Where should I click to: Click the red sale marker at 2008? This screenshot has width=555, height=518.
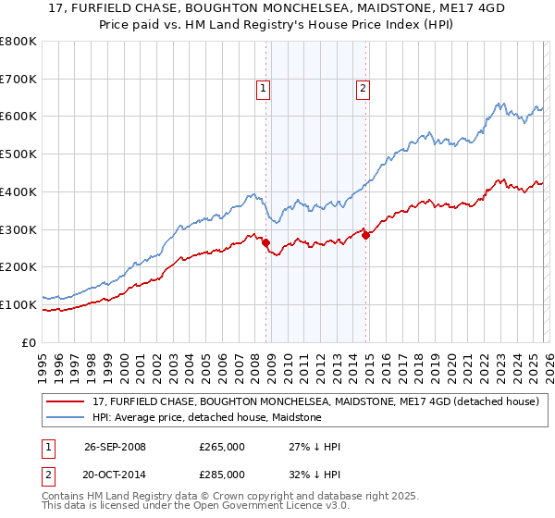266,242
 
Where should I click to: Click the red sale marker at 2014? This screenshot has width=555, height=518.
365,235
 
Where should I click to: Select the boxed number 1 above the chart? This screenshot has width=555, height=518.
263,89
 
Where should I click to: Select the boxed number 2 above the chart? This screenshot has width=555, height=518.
362,89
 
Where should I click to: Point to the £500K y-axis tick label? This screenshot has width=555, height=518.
18,154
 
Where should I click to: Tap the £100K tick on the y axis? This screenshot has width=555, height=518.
18,304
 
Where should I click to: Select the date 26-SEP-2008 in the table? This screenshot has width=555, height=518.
115,447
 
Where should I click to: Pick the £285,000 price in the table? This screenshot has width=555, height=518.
222,475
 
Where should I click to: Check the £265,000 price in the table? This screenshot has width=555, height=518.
222,447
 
